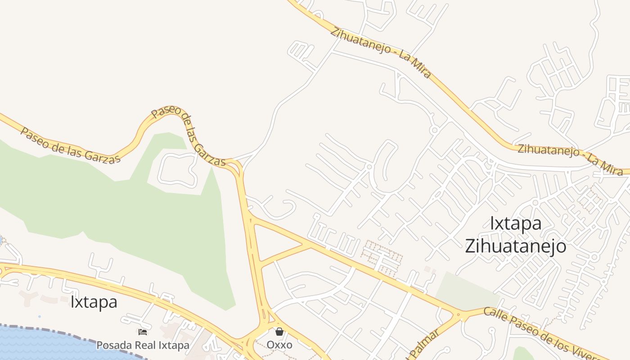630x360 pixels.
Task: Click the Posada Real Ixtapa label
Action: (x=143, y=345)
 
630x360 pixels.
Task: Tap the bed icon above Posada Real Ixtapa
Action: (x=143, y=333)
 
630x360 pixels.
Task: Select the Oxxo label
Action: (x=279, y=345)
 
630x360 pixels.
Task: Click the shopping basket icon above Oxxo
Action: (x=279, y=332)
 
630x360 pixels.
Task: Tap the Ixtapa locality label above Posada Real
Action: (x=94, y=301)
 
